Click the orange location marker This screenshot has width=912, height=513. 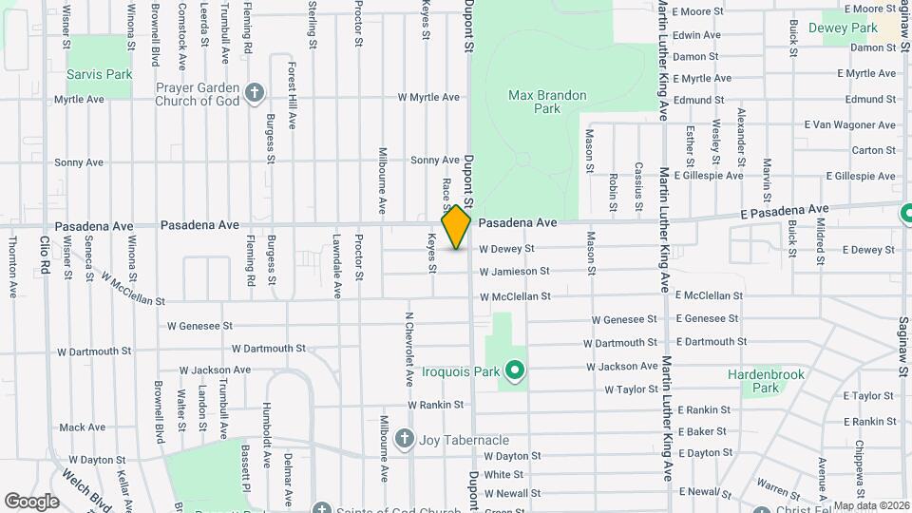click(456, 226)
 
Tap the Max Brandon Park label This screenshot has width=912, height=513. click(547, 102)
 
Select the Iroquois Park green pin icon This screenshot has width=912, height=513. click(515, 370)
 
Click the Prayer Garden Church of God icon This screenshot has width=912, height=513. click(254, 92)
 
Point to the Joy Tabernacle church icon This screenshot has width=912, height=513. click(404, 439)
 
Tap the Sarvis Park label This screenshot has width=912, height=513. click(99, 73)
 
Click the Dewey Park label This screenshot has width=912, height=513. click(842, 28)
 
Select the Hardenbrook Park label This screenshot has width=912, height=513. click(766, 381)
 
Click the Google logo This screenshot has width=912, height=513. click(32, 501)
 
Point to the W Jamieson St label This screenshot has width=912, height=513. click(514, 271)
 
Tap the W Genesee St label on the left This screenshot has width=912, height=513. click(199, 325)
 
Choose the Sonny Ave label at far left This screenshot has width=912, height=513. click(79, 162)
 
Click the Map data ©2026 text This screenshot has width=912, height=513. click(870, 505)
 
